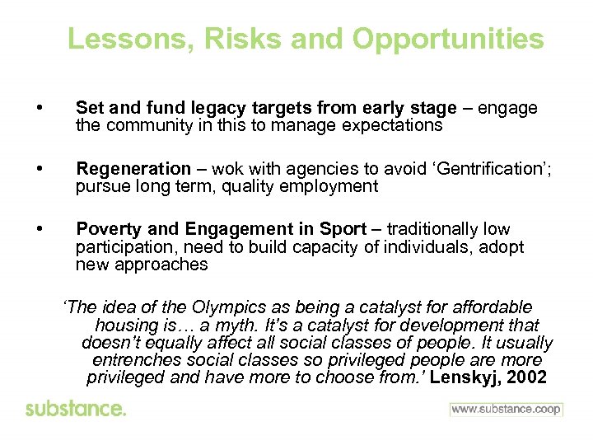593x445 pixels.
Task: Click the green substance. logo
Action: tap(76, 410)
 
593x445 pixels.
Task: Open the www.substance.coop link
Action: tap(506, 410)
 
